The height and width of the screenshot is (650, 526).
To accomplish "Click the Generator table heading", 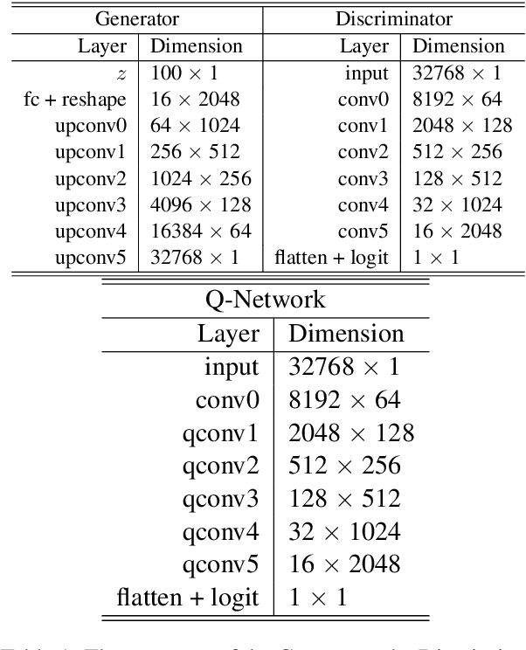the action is coord(136,17).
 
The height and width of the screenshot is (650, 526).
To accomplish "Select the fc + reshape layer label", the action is coord(75,101).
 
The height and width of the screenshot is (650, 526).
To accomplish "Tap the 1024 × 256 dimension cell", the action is coord(200,180).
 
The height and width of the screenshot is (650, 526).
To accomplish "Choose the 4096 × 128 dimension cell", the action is coord(200,206).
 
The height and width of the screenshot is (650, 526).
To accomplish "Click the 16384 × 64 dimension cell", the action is coord(200,232).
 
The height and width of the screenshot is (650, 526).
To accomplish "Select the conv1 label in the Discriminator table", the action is coord(364,128).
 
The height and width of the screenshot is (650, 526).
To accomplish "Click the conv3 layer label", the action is coord(364,180).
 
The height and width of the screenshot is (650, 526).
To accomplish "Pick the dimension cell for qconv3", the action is coord(344,499).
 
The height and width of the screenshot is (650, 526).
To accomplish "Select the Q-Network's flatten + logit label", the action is coord(188,598).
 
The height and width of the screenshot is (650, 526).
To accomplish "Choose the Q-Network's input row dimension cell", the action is coord(344,367).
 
